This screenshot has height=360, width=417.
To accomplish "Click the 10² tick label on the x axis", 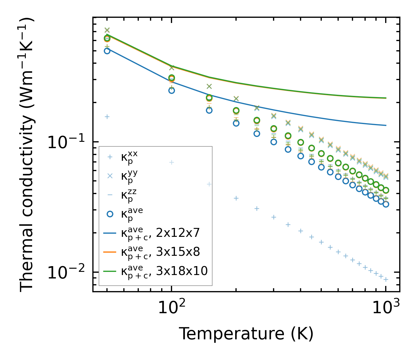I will click(x=172, y=308).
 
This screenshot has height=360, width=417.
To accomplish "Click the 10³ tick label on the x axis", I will click(x=385, y=308).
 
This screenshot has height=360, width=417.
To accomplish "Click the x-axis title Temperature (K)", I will click(x=246, y=334).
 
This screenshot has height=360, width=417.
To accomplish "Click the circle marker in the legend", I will click(x=110, y=214).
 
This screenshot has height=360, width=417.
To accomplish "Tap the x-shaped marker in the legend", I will click(x=110, y=176).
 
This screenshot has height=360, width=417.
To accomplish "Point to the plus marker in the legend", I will click(x=110, y=157).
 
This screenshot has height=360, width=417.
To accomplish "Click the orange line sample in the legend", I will click(x=110, y=252).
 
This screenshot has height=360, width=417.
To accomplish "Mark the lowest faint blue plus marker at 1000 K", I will click(x=386, y=279).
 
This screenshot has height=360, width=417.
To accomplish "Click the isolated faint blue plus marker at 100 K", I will click(x=172, y=162).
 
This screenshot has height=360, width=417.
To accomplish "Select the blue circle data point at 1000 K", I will click(x=386, y=204).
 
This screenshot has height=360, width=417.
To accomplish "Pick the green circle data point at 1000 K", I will click(x=386, y=190).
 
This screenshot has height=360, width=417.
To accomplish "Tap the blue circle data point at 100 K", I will click(x=172, y=90).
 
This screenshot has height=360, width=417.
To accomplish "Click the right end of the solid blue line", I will click(x=386, y=125).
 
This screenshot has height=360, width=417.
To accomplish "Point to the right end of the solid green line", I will click(x=386, y=98).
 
